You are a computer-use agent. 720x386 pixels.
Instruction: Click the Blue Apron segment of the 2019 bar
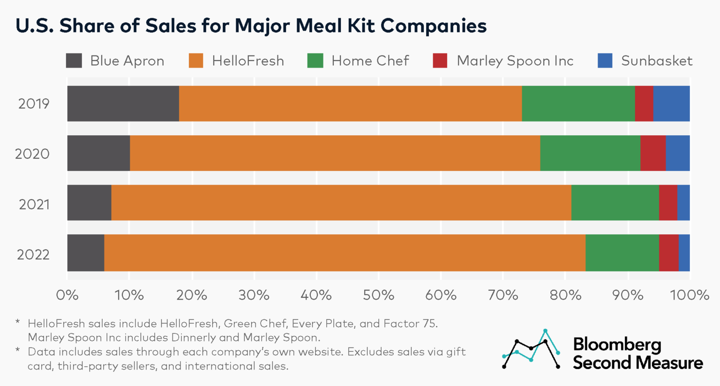tap(123, 103)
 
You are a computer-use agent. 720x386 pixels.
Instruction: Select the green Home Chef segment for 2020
tap(590, 153)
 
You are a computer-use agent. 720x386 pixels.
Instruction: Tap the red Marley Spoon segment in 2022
tap(668, 253)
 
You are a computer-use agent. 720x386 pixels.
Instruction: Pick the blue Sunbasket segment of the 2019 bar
tap(671, 103)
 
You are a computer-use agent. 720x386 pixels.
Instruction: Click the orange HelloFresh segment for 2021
tap(341, 202)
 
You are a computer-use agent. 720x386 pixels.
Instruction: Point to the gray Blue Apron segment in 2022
tap(86, 253)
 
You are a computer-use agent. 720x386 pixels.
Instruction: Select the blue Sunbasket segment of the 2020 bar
tap(677, 153)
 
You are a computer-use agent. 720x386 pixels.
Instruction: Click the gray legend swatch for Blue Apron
tap(74, 61)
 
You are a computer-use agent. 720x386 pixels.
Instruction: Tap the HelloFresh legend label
tap(247, 61)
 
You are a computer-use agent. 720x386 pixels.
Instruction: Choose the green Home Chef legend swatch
tap(315, 61)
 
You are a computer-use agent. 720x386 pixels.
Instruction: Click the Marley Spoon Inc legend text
tap(515, 61)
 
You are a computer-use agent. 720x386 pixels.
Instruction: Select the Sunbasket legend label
tap(656, 61)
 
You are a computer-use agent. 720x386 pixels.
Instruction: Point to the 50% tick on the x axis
tap(378, 295)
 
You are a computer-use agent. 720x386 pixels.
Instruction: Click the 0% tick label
tap(67, 295)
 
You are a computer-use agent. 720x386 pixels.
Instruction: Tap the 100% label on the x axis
tap(689, 295)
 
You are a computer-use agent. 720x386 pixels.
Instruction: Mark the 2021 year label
tap(34, 204)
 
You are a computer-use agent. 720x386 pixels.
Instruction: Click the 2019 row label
tap(34, 103)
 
